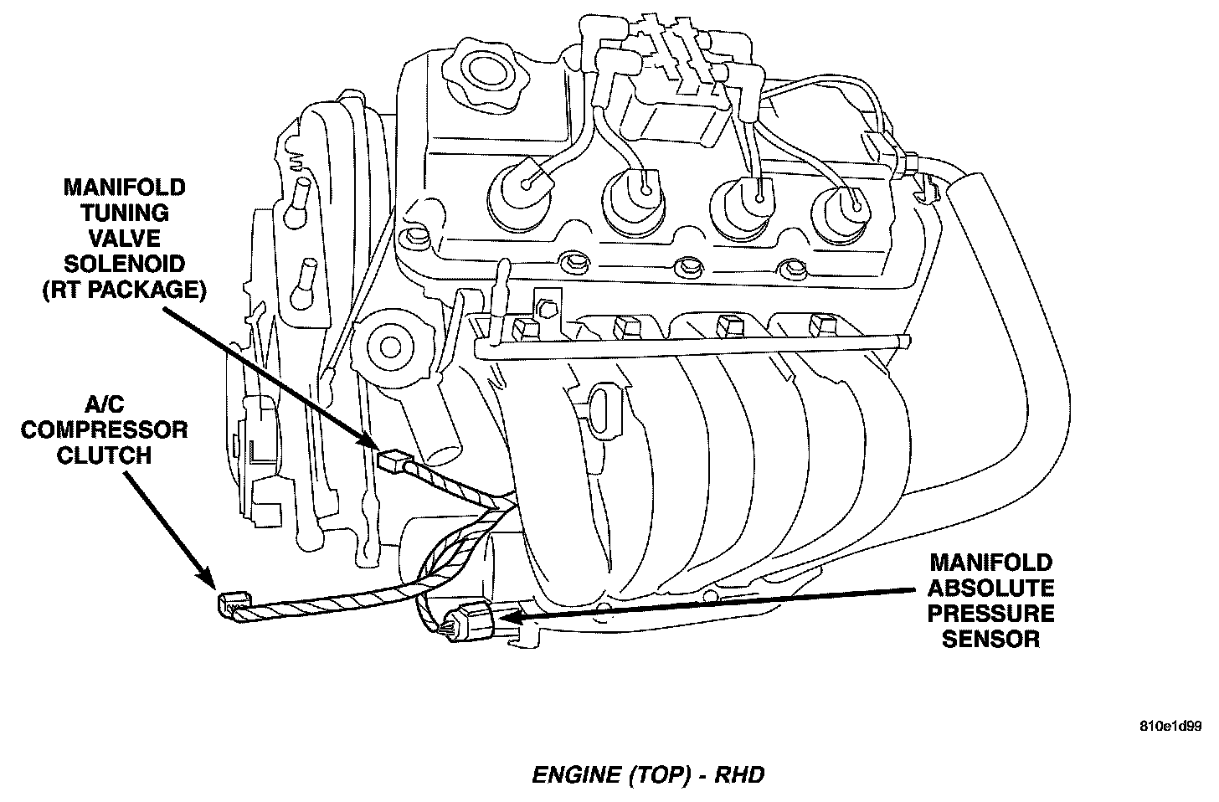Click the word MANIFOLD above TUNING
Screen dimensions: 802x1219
(x=125, y=187)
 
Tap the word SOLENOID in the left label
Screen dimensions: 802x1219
(x=125, y=264)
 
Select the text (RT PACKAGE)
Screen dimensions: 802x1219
(x=125, y=290)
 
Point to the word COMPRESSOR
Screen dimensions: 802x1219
(x=105, y=429)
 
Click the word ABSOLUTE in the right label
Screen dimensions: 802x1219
(x=991, y=588)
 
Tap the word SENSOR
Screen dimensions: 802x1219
(x=991, y=640)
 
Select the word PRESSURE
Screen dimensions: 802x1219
(x=991, y=614)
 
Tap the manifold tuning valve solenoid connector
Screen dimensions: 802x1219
(x=393, y=460)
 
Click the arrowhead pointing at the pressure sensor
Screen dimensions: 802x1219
(x=506, y=619)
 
